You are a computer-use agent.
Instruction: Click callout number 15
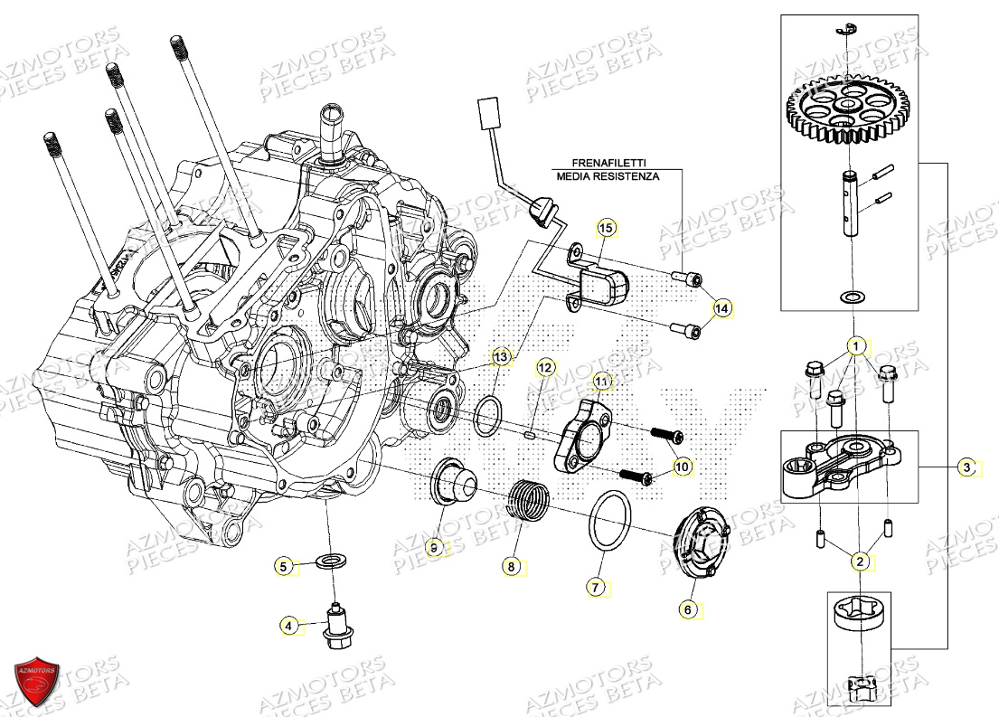tap(605, 229)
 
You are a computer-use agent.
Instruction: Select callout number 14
tap(721, 308)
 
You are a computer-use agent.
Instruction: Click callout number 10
tap(682, 467)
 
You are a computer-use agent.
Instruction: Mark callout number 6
tap(687, 610)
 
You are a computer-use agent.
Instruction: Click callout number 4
tap(287, 625)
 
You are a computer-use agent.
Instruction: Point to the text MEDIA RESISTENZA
tap(608, 176)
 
